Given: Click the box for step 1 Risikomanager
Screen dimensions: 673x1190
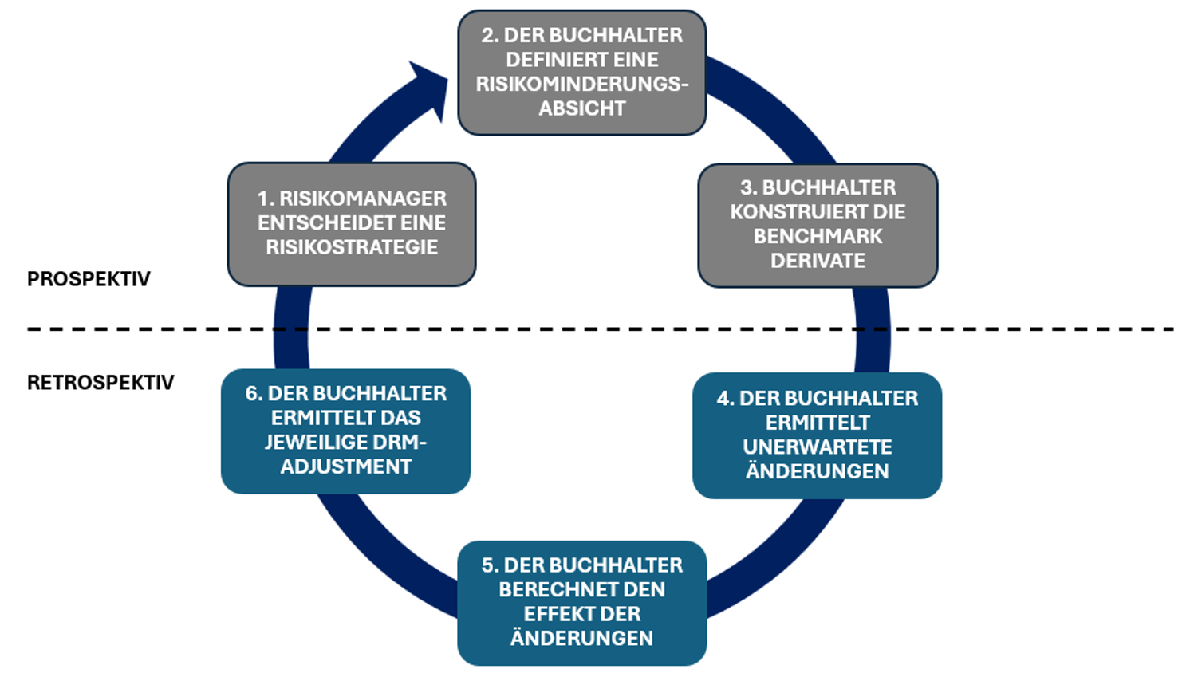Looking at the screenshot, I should (352, 224).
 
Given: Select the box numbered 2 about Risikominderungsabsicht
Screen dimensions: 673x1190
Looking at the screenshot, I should (581, 73).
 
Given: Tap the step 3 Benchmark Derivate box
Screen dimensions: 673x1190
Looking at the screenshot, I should (818, 225).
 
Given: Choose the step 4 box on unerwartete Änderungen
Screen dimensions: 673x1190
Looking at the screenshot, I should (817, 435).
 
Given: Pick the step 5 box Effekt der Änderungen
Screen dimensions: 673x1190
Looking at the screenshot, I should (581, 603).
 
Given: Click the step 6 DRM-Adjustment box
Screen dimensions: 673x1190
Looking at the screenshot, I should (345, 431).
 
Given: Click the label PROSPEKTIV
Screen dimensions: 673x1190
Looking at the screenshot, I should (89, 279).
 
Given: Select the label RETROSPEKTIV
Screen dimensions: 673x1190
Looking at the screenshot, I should (100, 383).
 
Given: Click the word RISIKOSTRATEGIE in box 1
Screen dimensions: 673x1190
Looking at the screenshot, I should (352, 247).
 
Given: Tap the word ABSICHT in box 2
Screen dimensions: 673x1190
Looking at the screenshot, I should (581, 108).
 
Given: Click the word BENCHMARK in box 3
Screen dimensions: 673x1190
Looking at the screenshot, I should (818, 237).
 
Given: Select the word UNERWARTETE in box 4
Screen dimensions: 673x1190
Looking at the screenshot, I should (817, 447).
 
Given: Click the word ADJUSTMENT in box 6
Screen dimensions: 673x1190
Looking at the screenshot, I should (345, 466).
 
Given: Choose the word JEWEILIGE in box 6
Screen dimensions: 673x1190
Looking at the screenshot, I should (317, 443).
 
